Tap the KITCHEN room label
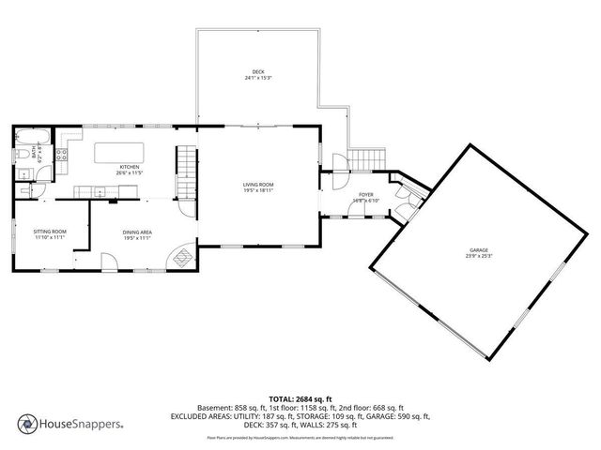129,167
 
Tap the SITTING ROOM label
50,232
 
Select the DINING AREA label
137,232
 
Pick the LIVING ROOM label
257,184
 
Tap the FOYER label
365,195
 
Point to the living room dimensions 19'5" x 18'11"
257,190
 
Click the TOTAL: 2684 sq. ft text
300,398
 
